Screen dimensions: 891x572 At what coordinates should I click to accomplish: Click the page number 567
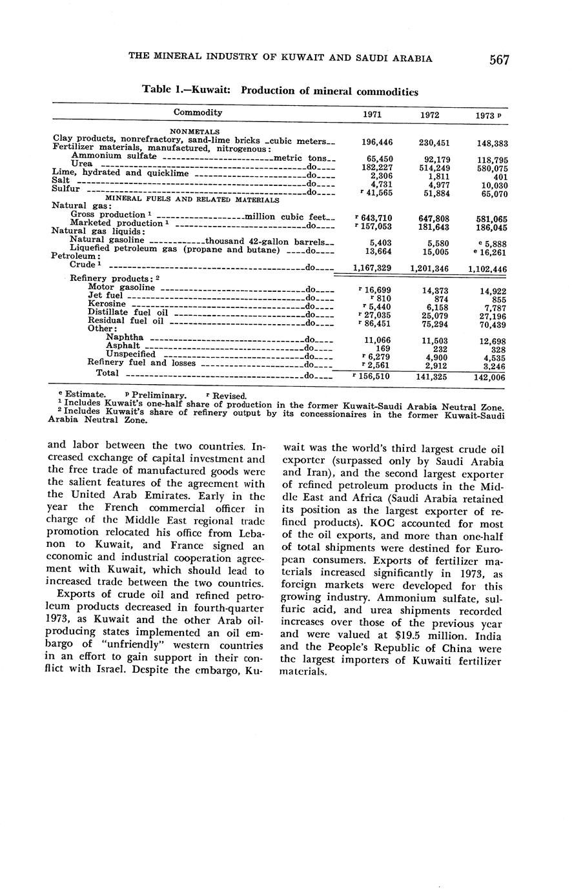coord(499,60)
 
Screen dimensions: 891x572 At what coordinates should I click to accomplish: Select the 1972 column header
coord(429,114)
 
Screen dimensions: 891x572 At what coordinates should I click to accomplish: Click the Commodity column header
coord(198,112)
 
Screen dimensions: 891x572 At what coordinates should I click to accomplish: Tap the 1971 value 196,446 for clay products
coord(374,143)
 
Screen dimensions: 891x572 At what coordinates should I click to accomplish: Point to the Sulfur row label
coord(65,190)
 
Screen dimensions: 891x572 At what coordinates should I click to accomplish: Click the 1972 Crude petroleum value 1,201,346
coord(429,267)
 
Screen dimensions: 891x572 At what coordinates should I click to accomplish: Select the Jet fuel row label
coord(105,296)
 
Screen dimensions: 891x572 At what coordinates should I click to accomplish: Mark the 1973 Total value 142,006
coord(489,378)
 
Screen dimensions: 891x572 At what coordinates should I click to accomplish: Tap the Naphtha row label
coord(125,338)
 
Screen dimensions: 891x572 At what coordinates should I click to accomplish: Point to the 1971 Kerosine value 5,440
coord(376,307)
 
